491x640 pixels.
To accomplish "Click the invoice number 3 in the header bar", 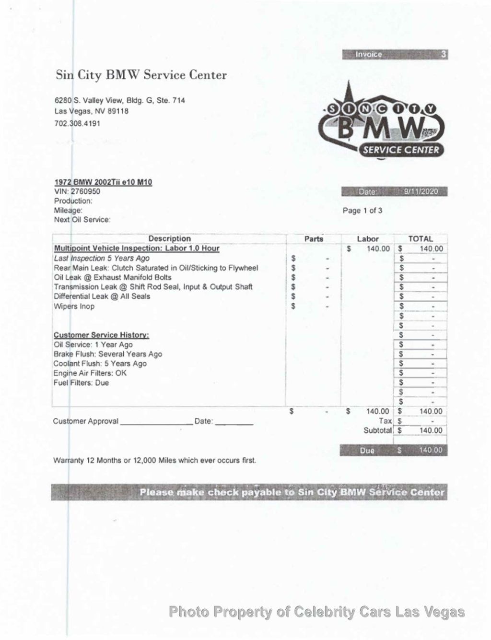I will point(444,54).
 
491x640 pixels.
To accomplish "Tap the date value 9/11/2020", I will point(421,192).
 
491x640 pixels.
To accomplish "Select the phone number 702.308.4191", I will point(78,123).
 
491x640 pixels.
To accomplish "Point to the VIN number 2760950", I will point(86,191).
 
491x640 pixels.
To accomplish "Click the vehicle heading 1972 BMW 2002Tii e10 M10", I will point(103,182).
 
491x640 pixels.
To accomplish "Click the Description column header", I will point(169,238).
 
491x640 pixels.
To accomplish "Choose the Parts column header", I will point(314,239).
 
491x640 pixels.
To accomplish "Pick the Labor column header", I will point(368,239).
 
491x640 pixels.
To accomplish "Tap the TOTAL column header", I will point(421,239).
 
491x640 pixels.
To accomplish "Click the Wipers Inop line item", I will point(74,306).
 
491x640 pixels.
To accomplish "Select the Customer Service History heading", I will point(101,335).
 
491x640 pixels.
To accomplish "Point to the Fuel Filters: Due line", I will point(82,383).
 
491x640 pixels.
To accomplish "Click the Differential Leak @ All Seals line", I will point(102,296).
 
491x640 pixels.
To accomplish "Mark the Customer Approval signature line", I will point(156,422).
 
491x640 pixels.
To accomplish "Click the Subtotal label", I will point(378,430).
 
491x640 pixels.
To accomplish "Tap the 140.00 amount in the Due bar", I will point(431,450).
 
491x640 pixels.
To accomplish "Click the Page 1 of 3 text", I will point(362,211).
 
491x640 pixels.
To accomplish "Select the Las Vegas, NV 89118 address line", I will point(91,111).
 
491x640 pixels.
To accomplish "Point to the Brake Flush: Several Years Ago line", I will point(108,354).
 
